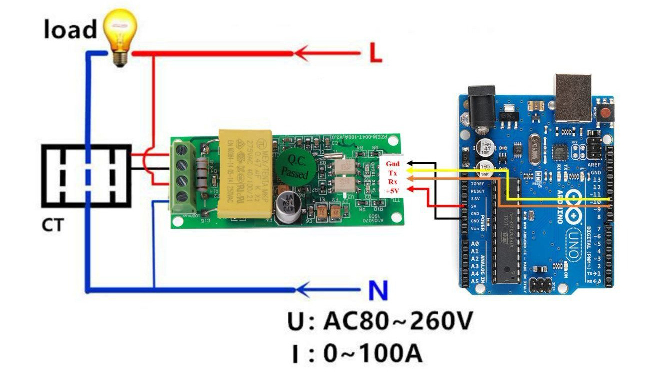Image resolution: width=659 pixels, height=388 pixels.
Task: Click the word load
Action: coord(70,30)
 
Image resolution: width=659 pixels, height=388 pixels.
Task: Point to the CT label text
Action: coord(52,225)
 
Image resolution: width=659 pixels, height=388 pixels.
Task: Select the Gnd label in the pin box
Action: coord(392,163)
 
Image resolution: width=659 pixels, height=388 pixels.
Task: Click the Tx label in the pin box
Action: coord(392,172)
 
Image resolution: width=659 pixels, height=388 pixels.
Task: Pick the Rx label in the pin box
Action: coord(392,181)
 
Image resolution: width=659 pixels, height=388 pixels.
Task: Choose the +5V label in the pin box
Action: coord(392,190)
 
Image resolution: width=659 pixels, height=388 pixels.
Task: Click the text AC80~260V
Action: coord(397,322)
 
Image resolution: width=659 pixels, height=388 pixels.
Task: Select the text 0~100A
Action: coord(373,354)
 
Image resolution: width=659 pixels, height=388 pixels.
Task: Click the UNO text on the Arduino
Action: coord(574,245)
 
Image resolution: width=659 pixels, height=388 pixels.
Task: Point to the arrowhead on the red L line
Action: coord(301,53)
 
